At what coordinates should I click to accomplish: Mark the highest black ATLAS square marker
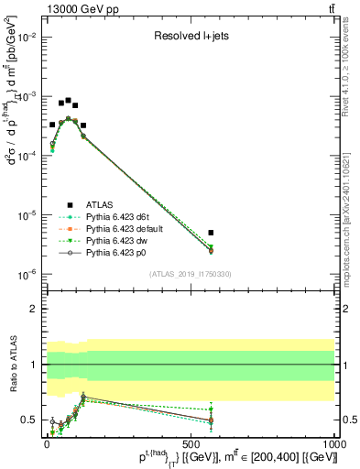pos(68,101)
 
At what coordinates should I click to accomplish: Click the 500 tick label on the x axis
pos(190,442)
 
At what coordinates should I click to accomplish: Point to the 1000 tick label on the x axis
pos(333,442)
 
